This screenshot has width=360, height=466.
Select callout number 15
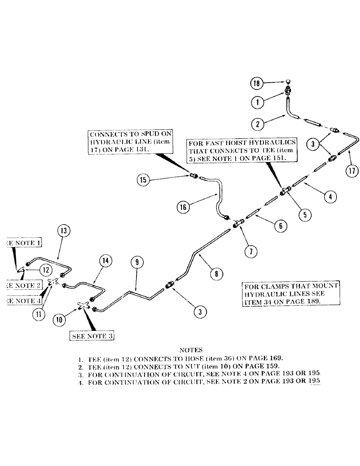144,178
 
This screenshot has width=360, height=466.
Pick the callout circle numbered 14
106,262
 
